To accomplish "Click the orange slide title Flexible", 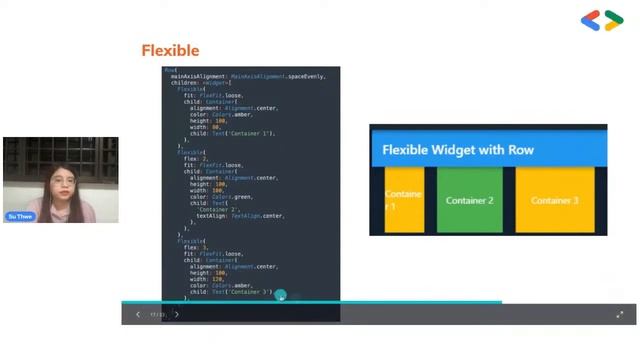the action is coord(170,50).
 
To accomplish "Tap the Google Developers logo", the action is coord(602,20).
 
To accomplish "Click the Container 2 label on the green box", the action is coord(470,200).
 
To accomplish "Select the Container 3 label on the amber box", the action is coord(555,200).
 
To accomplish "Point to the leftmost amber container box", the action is coord(404,200).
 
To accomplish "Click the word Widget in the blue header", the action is coord(474,150).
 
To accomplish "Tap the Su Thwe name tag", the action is coord(20,216).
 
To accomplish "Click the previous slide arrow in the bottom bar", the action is coord(138,314).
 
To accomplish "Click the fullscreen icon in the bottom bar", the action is coord(620,314).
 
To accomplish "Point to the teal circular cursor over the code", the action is coord(281,295).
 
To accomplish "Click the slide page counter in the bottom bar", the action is coord(157,314).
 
